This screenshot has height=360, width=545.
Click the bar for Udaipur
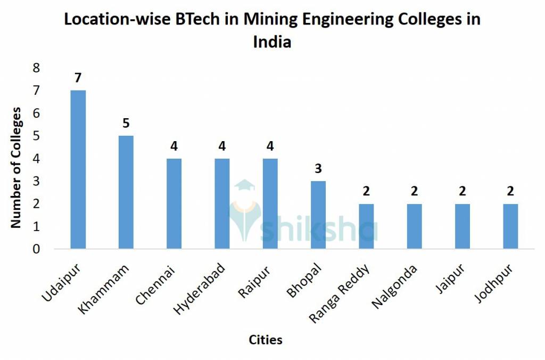78,169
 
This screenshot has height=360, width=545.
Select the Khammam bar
126,192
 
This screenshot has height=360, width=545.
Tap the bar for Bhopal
318,215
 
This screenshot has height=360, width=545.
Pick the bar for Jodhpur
510,226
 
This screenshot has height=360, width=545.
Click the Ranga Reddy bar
366,226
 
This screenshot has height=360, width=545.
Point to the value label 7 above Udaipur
78,78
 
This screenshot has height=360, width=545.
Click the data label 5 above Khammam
126,124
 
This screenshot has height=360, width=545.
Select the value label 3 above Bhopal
318,169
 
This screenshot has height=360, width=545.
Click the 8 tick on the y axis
36,68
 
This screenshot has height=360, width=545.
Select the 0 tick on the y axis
36,249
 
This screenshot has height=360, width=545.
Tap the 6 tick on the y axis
36,113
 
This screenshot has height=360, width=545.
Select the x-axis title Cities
266,340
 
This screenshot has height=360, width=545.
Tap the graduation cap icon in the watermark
245,186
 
